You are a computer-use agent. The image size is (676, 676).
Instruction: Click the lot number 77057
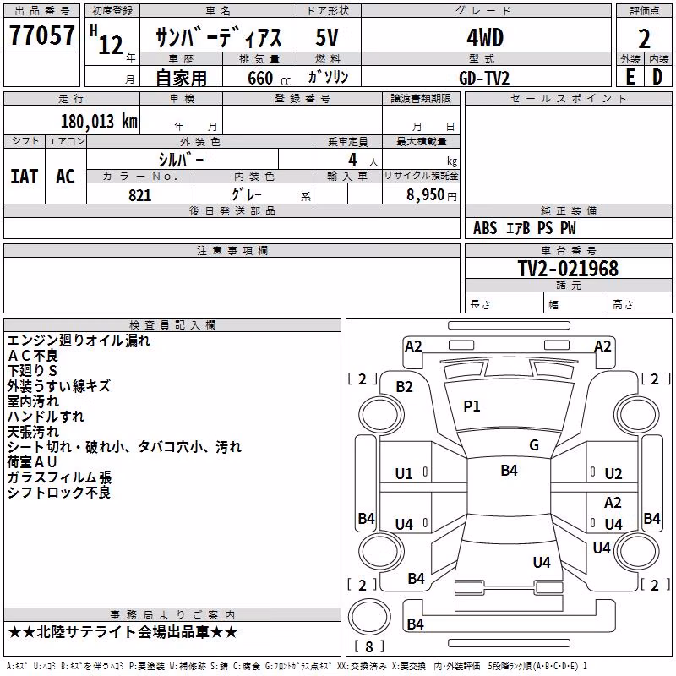(41, 35)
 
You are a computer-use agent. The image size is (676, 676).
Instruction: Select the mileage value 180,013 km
(99, 122)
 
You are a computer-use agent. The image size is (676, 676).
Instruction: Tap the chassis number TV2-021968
(568, 269)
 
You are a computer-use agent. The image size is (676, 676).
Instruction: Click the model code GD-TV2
(484, 78)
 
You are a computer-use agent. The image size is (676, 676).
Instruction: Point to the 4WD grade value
(485, 38)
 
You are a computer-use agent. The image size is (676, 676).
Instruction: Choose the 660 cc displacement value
(269, 78)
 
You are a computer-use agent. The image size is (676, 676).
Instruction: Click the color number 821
(140, 195)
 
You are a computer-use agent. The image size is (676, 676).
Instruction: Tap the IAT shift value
(25, 177)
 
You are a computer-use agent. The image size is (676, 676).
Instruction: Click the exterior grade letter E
(630, 77)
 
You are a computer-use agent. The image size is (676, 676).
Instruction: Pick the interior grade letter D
(657, 77)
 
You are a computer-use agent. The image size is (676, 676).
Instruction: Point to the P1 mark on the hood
(472, 406)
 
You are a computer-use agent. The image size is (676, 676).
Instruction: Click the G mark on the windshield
(534, 444)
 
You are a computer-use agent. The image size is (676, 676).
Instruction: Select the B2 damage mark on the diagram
(405, 387)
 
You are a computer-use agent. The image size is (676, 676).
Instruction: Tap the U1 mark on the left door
(404, 474)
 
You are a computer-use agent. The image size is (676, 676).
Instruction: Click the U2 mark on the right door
(613, 474)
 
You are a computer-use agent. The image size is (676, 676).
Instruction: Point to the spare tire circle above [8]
(369, 617)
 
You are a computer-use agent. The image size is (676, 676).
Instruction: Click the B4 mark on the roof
(510, 470)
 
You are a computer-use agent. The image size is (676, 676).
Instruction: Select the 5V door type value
(327, 37)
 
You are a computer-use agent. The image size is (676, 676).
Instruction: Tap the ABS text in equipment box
(485, 228)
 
